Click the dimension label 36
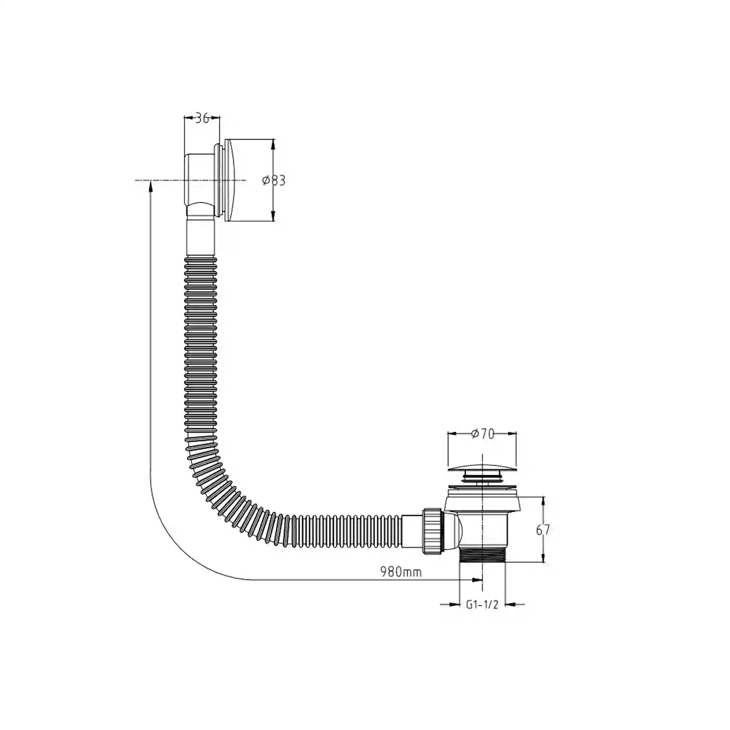[x=203, y=118]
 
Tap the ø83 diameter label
[x=274, y=181]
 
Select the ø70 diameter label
[x=483, y=434]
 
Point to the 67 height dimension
[x=543, y=530]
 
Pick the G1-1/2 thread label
[x=482, y=604]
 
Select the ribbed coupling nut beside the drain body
[x=432, y=531]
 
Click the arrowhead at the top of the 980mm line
[x=150, y=185]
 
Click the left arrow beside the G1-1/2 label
[x=453, y=604]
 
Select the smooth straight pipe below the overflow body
[x=201, y=237]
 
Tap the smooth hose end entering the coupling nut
[x=412, y=531]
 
